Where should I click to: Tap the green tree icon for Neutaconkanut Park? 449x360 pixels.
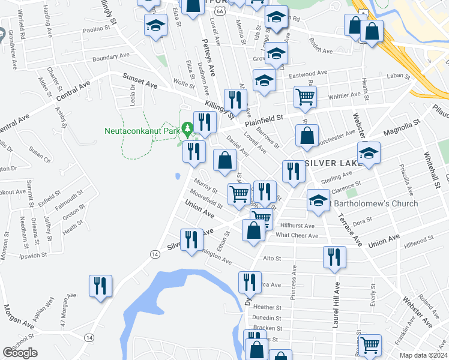coord(187,128)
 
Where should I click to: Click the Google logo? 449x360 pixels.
coord(20,353)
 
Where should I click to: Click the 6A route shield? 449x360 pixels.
coord(220,11)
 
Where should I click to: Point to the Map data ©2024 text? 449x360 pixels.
coord(424,355)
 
